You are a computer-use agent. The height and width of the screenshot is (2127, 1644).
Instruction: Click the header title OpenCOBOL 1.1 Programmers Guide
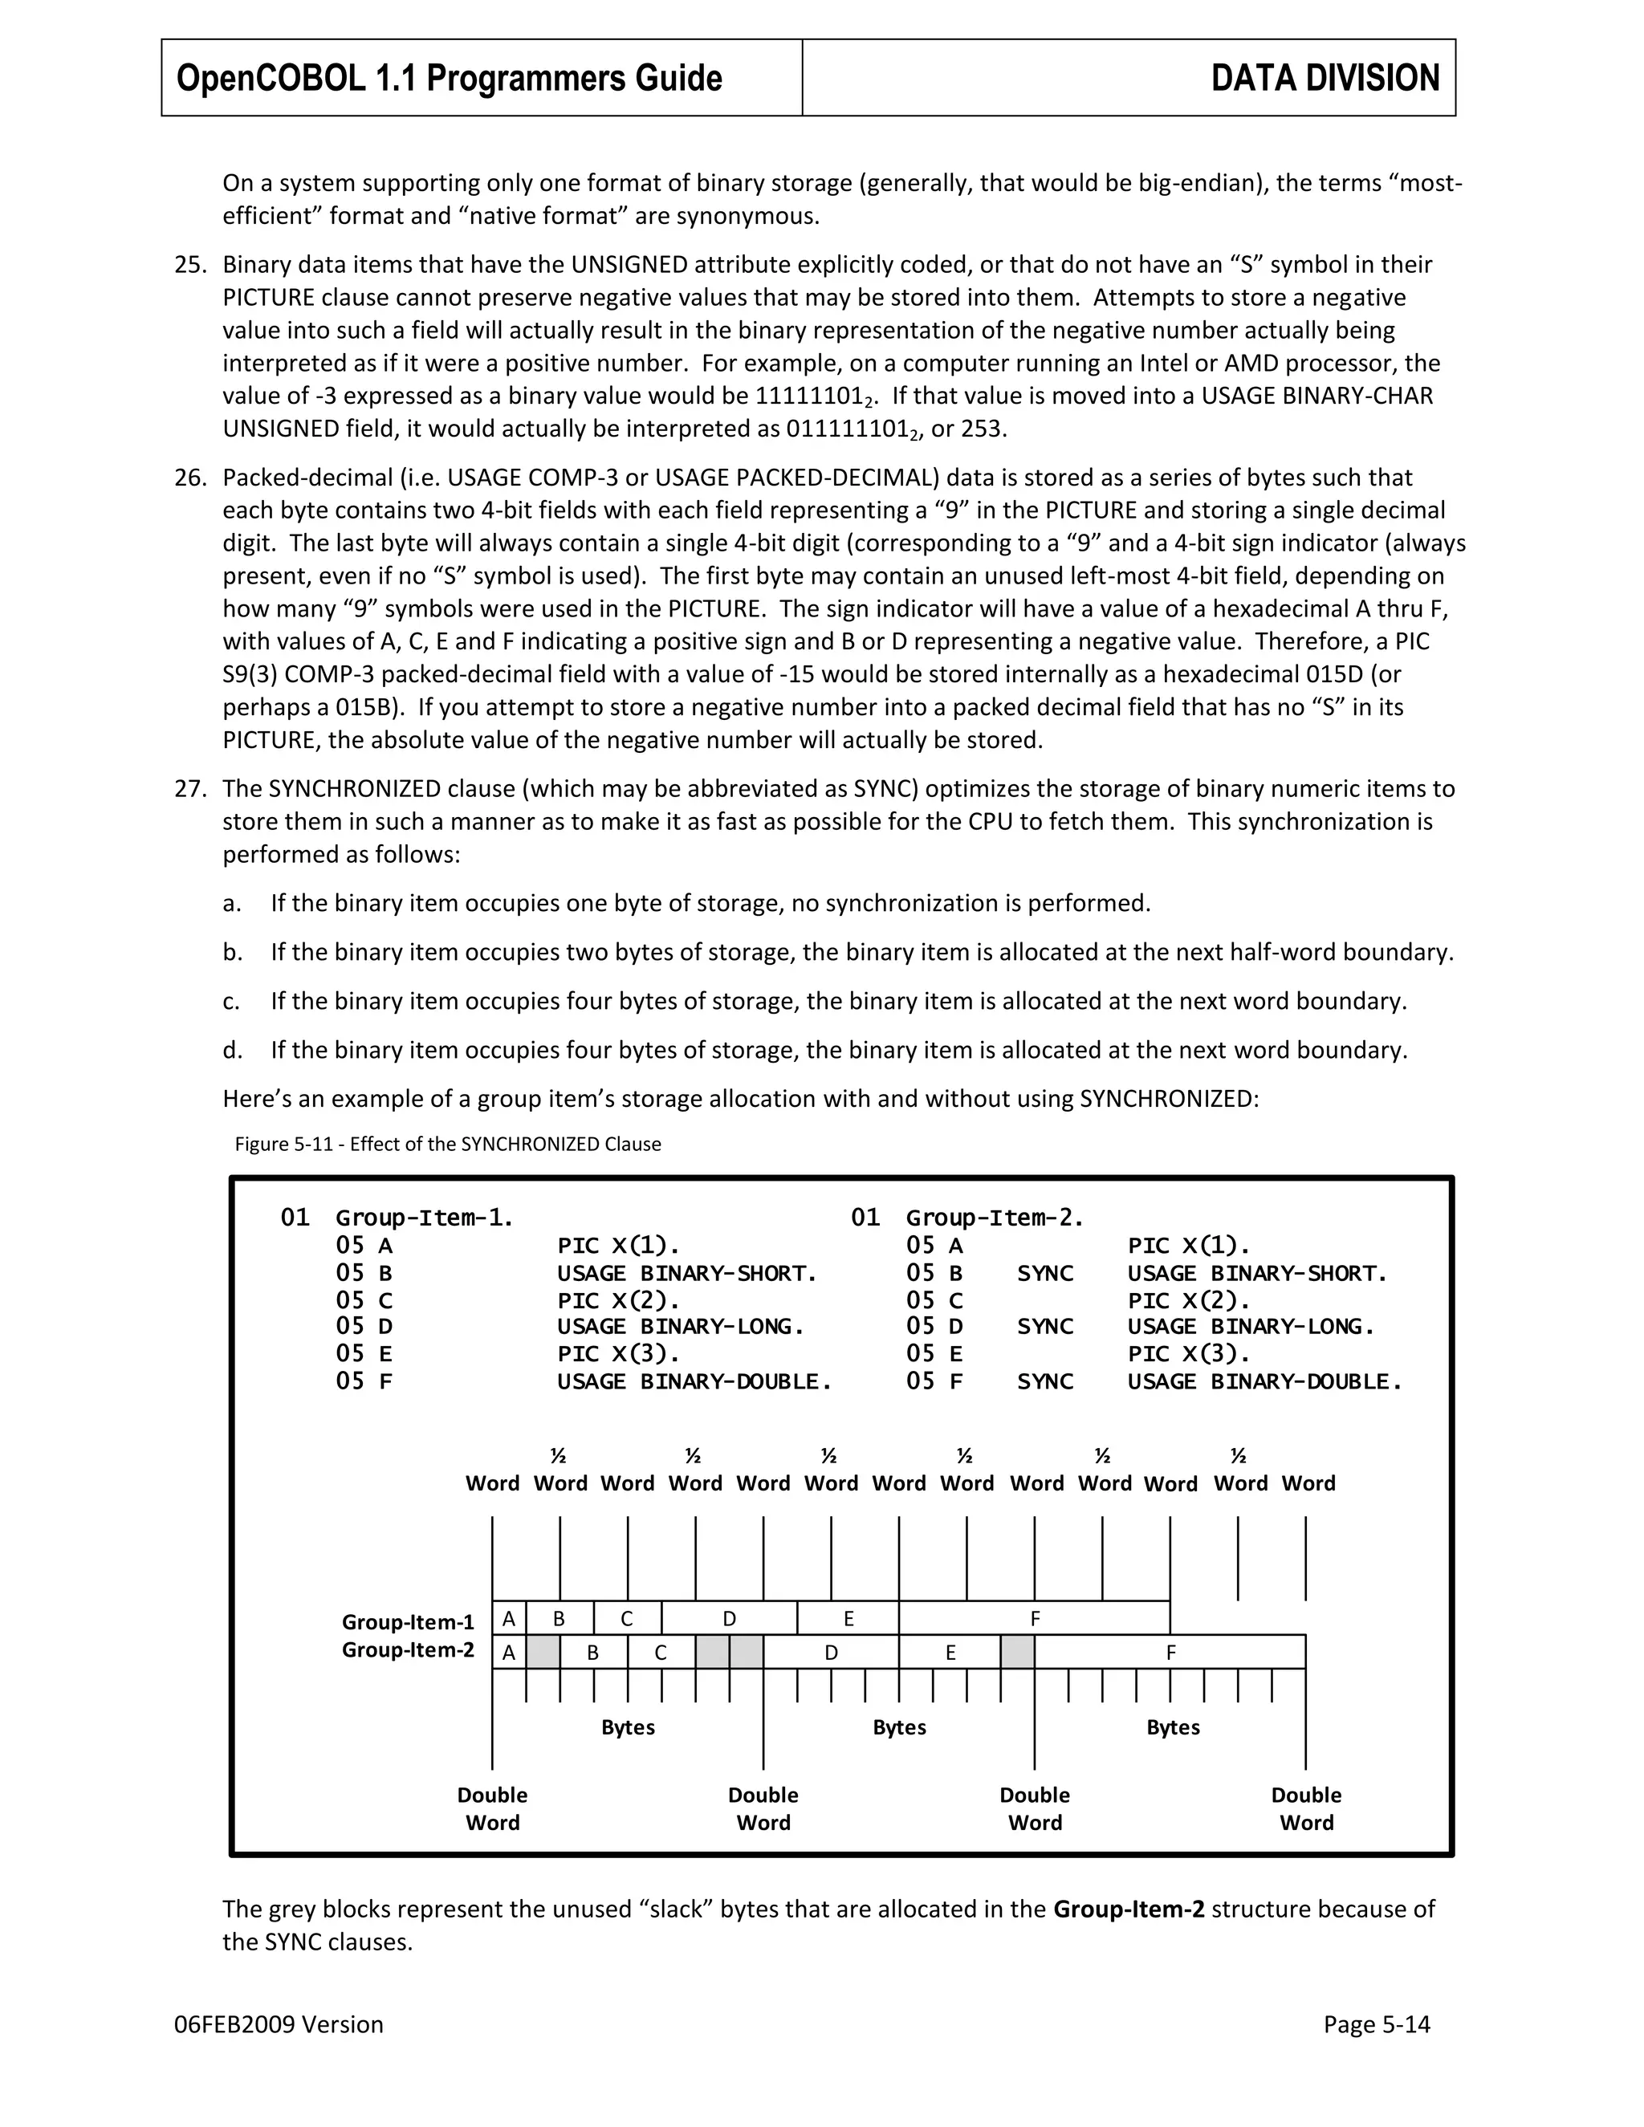coord(449,78)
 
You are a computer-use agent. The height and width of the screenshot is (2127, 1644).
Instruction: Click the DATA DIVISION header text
coord(1325,78)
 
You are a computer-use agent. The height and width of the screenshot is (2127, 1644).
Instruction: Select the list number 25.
coord(190,265)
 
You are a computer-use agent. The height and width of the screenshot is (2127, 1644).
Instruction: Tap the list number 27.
coord(190,789)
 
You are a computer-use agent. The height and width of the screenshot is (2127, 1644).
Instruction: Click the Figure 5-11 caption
coord(447,1143)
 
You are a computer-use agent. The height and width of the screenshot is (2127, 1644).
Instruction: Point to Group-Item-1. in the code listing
coord(425,1218)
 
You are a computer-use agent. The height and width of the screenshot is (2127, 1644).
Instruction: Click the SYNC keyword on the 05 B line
coord(1045,1273)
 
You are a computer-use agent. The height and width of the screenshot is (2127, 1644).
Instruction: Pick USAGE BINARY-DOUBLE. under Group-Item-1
coord(694,1381)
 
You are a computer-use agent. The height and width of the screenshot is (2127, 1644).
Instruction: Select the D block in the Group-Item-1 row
coord(729,1619)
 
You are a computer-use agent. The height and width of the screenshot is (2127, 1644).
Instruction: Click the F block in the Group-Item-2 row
coord(1170,1653)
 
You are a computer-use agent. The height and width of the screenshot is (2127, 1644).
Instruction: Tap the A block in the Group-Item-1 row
coord(508,1619)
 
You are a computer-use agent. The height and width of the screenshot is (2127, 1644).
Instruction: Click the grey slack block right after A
coord(543,1653)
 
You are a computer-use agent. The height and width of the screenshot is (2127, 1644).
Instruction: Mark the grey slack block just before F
coord(1018,1653)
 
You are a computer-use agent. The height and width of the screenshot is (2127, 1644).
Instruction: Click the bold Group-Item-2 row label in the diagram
coord(407,1649)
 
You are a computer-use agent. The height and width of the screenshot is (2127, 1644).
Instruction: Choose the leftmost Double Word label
coord(492,1808)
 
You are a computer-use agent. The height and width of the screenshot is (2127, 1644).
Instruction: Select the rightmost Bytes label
coord(1173,1726)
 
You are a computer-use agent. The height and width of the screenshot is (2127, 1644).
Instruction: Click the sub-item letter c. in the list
coord(231,1001)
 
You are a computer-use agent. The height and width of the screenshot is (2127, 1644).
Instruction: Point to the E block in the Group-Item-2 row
coord(950,1653)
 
